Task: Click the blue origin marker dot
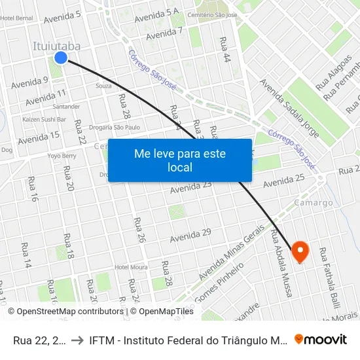click(x=61, y=58)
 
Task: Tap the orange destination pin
click(x=300, y=251)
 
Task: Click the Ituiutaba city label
click(x=57, y=46)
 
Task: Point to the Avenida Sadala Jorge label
click(x=289, y=109)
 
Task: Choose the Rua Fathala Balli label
click(x=330, y=276)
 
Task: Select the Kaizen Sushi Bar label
click(x=45, y=120)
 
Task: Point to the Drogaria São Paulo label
click(x=115, y=127)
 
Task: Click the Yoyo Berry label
click(x=62, y=156)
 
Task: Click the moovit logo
click(x=320, y=339)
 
